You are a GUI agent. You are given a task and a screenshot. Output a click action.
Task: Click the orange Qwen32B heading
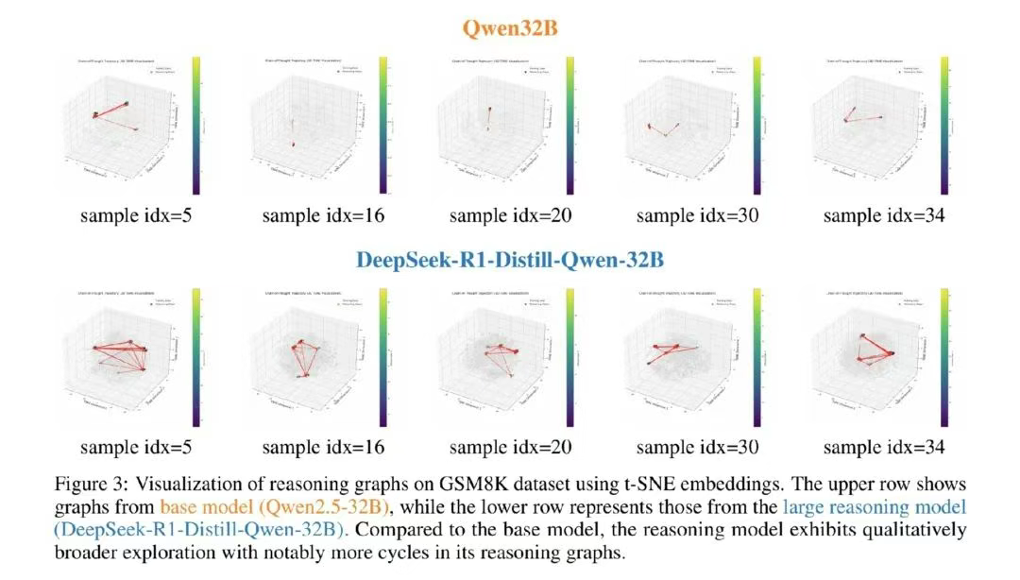[510, 27]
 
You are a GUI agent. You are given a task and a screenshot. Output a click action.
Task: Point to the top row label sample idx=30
[697, 215]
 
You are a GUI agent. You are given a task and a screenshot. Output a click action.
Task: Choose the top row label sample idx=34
[884, 215]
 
